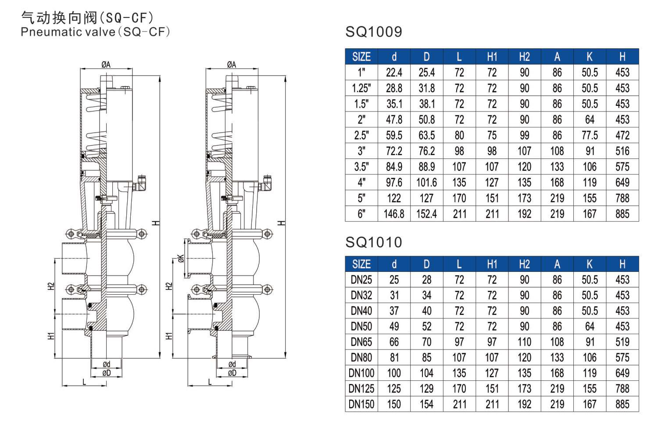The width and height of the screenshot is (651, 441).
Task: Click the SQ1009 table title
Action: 374,32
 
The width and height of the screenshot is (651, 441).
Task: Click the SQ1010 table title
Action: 374,242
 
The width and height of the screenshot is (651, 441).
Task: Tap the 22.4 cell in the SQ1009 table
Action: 394,72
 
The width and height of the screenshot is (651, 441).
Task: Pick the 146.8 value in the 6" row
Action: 394,214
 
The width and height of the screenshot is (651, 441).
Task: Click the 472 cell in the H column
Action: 622,135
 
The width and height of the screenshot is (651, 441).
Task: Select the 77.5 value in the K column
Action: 590,135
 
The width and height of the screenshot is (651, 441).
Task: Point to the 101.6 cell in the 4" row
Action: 426,182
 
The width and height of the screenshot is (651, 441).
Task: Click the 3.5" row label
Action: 361,167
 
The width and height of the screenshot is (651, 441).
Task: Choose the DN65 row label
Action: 361,342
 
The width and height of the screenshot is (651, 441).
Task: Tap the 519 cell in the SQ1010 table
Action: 622,342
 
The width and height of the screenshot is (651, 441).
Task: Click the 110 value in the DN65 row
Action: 524,342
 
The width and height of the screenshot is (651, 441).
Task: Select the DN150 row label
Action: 361,404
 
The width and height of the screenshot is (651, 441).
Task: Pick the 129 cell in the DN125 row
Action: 426,389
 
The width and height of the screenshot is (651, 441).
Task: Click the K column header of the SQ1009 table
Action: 590,57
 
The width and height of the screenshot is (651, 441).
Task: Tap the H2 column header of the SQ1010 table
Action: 524,264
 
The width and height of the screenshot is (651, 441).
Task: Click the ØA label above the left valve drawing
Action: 106,65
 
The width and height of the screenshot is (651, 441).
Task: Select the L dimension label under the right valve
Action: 210,382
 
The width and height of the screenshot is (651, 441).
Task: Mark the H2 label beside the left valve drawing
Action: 51,286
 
